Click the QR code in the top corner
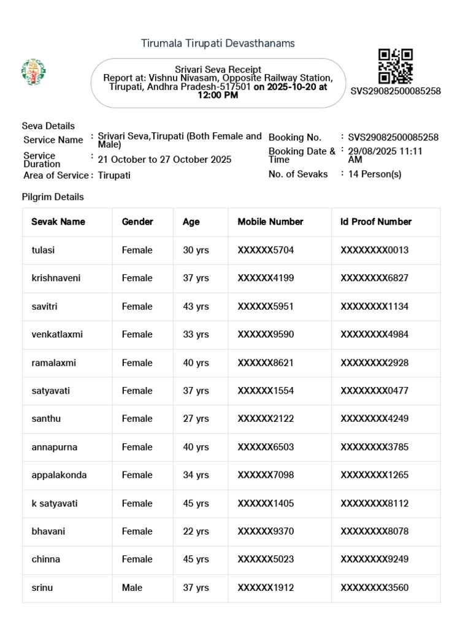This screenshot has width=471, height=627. click(x=395, y=66)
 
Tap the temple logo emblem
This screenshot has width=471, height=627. click(x=34, y=72)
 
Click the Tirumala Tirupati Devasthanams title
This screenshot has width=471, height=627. click(x=218, y=43)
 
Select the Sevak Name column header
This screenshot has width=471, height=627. click(x=58, y=222)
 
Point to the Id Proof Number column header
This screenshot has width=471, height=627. click(x=376, y=222)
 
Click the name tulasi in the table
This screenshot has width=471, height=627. click(x=44, y=250)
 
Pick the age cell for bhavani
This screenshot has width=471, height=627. click(x=196, y=531)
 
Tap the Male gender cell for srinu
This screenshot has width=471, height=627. click(x=132, y=587)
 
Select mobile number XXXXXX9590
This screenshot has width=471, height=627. click(x=266, y=334)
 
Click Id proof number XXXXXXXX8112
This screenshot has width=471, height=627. click(x=374, y=503)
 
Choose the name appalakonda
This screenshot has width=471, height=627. click(x=59, y=475)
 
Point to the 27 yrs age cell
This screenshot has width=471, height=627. click(x=196, y=419)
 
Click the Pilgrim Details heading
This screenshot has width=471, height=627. click(x=53, y=197)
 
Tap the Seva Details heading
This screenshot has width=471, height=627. click(x=48, y=126)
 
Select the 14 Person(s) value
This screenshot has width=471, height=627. click(x=375, y=174)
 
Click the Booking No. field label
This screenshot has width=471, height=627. click(x=295, y=137)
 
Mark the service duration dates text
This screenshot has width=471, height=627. click(x=164, y=159)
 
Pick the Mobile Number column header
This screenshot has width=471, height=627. click(x=270, y=222)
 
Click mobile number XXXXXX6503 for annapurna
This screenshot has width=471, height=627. click(x=266, y=447)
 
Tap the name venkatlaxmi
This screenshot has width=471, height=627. click(x=57, y=334)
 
